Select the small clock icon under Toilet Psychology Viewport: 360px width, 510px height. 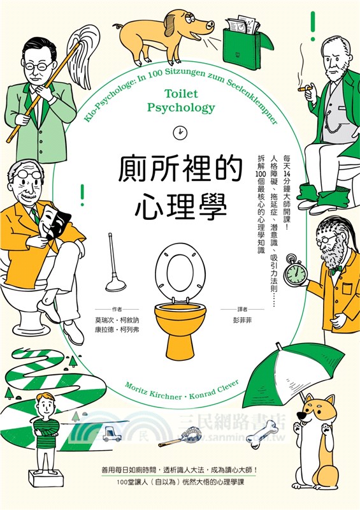coord(180,131)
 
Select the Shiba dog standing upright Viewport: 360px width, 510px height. coord(317,433)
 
